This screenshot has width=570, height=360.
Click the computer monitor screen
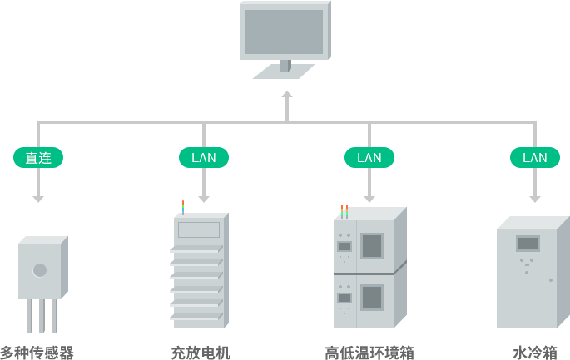[283, 32]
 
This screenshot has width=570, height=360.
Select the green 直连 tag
[37, 157]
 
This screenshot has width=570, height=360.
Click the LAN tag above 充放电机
[203, 157]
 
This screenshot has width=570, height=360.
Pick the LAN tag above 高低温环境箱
[369, 157]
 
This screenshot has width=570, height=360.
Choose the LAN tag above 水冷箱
[534, 157]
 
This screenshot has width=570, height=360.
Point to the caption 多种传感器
[37, 353]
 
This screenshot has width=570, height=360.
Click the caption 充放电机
[201, 353]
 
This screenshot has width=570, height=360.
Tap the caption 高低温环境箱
[369, 353]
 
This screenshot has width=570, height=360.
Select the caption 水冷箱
[534, 353]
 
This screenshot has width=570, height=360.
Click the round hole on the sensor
[39, 269]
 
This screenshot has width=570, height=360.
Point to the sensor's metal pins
[41, 317]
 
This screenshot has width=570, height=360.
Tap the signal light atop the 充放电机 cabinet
[182, 205]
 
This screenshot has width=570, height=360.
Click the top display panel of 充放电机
[199, 229]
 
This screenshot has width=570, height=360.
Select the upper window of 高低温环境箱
[372, 245]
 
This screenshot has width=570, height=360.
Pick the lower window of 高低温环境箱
[372, 297]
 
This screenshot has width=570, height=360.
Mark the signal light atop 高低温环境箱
[343, 210]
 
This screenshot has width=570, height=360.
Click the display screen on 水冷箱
[528, 244]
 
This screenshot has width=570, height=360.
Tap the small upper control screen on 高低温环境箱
[344, 246]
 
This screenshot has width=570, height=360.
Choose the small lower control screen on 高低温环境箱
[344, 298]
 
